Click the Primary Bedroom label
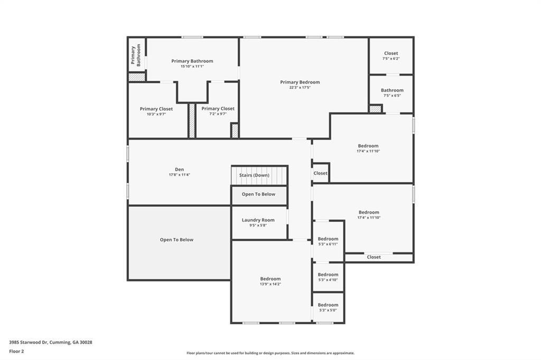coord(300,82)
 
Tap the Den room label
coord(179,169)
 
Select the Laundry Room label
coord(258,220)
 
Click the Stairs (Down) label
coord(254,175)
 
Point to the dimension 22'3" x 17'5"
coord(300,88)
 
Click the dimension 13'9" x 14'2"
coord(270,284)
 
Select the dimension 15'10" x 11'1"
coord(192,67)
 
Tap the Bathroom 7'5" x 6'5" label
coord(391,90)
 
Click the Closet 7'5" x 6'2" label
coord(391,53)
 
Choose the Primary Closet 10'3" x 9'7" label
coord(156,109)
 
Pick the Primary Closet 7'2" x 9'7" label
coord(218,109)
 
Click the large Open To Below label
coord(176,240)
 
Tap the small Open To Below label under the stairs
coord(258,194)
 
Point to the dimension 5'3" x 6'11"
coord(328,244)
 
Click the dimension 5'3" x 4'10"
coord(328,280)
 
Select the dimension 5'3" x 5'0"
coord(328,310)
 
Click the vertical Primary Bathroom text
coord(136,55)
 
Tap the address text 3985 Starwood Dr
coord(51,342)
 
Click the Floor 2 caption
coord(16,351)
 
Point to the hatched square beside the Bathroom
coord(375,109)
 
